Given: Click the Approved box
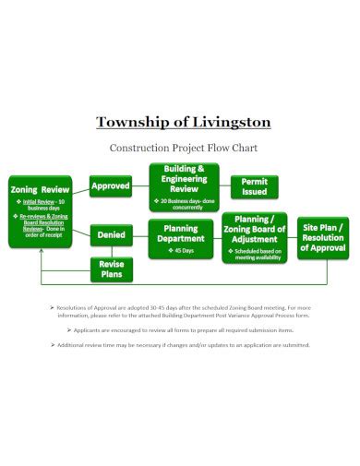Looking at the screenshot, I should [111, 186].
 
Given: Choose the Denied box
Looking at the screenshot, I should [111, 235].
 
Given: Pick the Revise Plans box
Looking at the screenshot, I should [111, 269].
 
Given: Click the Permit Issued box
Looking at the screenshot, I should [254, 187].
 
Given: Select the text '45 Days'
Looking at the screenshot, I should [183, 251].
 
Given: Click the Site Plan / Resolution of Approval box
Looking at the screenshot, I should [324, 237].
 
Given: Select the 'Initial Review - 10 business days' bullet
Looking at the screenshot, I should [42, 204].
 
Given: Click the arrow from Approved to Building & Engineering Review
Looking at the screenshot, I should [139, 186].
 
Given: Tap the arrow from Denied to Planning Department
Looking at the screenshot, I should [138, 235].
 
